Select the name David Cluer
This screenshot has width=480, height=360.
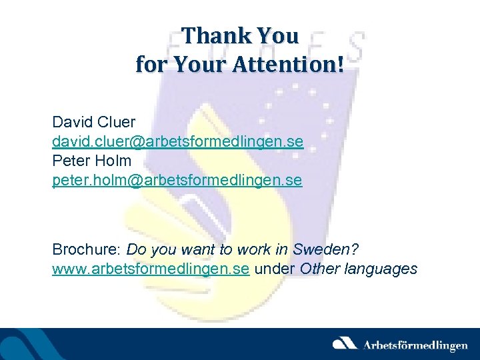94,123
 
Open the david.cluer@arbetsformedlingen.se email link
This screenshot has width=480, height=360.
178,142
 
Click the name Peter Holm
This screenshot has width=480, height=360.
92,161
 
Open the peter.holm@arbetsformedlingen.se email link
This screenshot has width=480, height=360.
177,180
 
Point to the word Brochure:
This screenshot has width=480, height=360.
87,249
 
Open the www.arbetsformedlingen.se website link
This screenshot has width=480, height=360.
151,269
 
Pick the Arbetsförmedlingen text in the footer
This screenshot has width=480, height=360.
415,345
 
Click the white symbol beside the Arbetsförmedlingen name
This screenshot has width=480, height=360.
345,344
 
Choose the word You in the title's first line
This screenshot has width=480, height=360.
277,35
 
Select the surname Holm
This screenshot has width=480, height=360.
114,161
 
